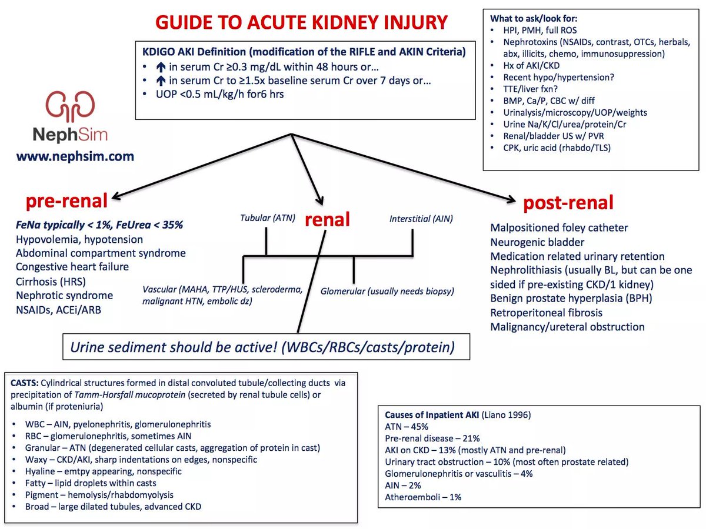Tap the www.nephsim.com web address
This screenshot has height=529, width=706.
click(x=75, y=156)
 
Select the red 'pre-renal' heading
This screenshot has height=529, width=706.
click(x=66, y=202)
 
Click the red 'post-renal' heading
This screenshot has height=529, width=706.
click(x=568, y=203)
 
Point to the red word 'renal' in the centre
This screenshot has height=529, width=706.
click(x=327, y=219)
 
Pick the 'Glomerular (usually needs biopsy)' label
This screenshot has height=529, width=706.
click(x=388, y=291)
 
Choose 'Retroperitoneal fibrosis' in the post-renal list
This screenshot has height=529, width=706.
click(x=547, y=313)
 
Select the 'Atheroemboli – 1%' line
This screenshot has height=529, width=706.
click(x=423, y=497)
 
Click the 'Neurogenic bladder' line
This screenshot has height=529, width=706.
click(x=537, y=242)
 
